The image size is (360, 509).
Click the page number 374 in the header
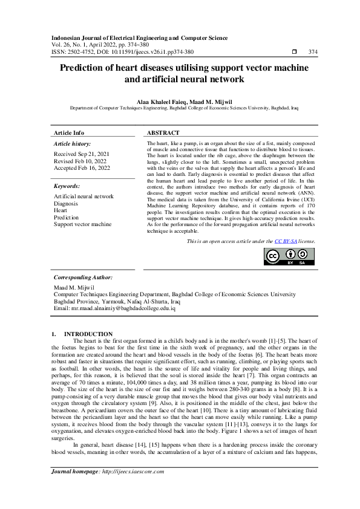pos(312,52)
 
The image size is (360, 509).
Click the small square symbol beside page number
pos(294,52)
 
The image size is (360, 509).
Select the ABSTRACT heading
pos(163,132)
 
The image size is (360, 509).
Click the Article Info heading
pos(69,132)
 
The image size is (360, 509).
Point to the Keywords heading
pos(67,187)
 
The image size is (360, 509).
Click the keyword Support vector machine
pos(82,224)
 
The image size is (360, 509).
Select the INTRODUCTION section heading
pos(88,334)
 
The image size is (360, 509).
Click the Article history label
pos(72,144)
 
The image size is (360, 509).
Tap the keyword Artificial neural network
pos(83,197)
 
